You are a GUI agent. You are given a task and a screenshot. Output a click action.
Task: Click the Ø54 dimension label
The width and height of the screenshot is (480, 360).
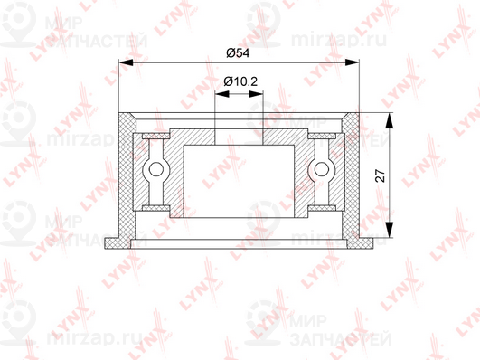tap(238, 52)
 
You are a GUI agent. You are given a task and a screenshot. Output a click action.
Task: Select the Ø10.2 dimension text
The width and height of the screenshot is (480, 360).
tap(240, 81)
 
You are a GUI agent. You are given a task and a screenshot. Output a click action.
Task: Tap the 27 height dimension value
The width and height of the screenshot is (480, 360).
tap(381, 175)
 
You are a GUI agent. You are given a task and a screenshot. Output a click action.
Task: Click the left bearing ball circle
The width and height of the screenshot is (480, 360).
tap(156, 169)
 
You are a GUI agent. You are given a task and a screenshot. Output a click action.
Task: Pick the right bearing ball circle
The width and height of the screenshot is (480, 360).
tap(322, 169)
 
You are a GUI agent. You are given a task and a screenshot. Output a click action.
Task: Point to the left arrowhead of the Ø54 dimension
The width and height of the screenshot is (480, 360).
tap(127, 62)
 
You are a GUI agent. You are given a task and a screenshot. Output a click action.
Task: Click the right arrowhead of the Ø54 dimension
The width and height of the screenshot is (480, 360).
tap(352, 62)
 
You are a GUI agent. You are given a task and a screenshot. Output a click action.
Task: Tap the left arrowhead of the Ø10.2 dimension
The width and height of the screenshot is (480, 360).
tap(222, 94)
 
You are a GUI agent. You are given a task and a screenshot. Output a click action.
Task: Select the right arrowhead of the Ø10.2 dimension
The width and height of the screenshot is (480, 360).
tap(256, 94)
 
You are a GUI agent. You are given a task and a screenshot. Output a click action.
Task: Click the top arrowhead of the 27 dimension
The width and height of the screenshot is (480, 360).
tap(389, 120)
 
